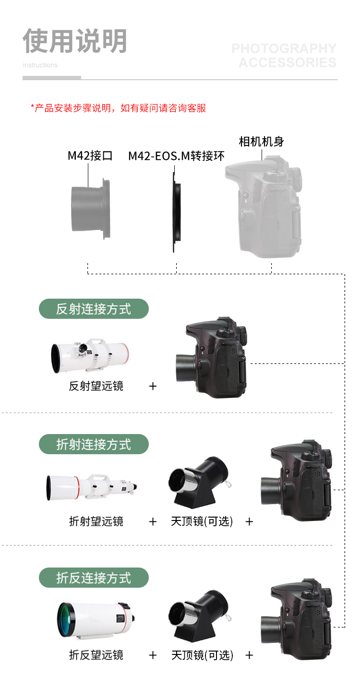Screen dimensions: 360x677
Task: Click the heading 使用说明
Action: [75, 41]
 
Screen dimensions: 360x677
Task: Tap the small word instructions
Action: [40, 65]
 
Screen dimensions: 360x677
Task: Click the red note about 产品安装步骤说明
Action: [118, 108]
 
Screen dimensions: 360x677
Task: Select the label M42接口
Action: [90, 156]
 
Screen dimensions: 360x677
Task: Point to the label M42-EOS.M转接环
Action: [176, 156]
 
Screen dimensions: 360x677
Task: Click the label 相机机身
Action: [261, 142]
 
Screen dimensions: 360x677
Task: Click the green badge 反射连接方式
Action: [94, 309]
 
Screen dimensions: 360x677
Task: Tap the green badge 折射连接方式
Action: [94, 444]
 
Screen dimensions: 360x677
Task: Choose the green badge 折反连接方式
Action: [94, 578]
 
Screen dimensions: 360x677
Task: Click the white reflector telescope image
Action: [90, 356]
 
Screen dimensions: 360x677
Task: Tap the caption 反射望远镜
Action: [96, 386]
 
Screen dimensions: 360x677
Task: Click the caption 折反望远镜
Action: [96, 655]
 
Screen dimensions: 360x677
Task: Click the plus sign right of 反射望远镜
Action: [153, 386]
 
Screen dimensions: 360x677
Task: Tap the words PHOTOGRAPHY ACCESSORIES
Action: [284, 56]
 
